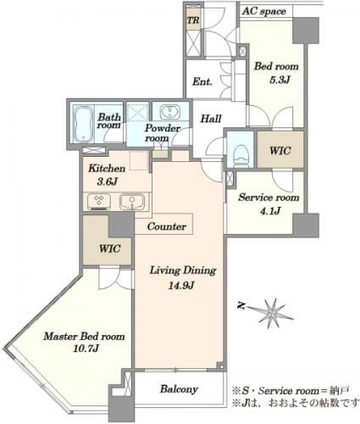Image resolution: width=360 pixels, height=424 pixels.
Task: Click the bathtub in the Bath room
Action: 83,125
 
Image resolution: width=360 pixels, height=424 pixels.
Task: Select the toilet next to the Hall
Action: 241,156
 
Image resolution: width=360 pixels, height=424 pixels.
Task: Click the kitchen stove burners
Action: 98,202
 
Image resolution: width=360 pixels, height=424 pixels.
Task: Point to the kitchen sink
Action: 132,202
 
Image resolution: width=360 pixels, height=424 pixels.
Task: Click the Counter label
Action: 167,226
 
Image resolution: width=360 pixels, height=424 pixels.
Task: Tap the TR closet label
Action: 194,20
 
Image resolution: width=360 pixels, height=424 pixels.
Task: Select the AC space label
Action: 264,12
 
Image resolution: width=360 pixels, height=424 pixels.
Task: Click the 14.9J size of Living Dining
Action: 180,286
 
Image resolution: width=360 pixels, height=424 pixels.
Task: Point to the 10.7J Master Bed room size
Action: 86,349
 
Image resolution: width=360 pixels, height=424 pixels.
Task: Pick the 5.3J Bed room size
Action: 280,80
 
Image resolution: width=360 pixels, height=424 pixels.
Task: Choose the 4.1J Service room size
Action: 270,210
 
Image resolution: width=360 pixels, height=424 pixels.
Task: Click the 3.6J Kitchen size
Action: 107,181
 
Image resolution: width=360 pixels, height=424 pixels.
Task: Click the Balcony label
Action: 179,389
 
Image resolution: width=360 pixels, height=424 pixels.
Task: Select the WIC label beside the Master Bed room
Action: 110,248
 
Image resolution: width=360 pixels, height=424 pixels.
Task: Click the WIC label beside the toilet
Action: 280,151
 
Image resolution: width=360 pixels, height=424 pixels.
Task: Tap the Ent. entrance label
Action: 202,81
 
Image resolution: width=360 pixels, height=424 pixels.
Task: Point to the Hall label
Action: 211,119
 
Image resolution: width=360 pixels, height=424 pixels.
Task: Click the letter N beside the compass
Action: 241,306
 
